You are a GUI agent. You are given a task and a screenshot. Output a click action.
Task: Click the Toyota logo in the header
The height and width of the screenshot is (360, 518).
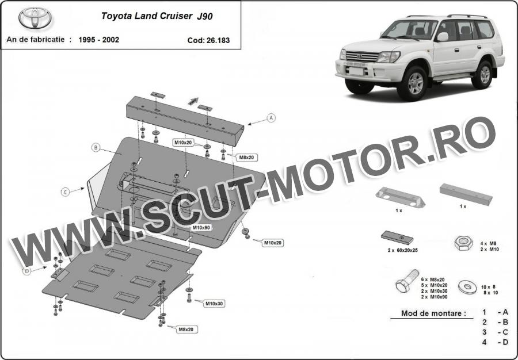(35, 18)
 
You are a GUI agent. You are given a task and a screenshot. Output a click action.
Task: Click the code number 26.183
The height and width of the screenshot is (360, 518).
(218, 41)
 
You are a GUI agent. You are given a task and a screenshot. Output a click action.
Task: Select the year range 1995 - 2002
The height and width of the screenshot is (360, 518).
(99, 40)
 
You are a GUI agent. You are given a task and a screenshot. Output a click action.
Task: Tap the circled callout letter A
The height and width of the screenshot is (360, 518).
(271, 118)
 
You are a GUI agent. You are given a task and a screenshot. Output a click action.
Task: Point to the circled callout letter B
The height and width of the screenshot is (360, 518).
(96, 148)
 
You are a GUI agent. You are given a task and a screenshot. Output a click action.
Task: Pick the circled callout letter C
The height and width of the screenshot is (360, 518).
(66, 192)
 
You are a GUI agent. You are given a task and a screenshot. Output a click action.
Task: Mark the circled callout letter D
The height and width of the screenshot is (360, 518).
(26, 271)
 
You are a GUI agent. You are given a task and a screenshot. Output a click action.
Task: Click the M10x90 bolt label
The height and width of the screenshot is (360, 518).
(201, 228)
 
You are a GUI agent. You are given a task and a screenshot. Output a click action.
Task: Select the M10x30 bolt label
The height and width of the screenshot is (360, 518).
(215, 304)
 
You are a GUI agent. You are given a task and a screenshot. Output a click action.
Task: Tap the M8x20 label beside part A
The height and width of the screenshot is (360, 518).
(246, 158)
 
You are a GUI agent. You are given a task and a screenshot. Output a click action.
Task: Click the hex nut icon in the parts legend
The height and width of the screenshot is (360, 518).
(463, 243)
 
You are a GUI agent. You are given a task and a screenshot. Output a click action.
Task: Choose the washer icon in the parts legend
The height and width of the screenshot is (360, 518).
(467, 287)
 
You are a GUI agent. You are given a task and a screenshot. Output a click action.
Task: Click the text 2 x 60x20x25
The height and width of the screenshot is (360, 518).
(403, 251)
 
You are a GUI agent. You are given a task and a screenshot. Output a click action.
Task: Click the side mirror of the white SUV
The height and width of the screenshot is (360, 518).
(443, 37)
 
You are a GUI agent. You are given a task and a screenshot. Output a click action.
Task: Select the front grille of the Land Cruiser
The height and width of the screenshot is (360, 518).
(362, 57)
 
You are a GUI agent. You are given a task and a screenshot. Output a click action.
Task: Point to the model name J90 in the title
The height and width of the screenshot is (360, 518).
(205, 17)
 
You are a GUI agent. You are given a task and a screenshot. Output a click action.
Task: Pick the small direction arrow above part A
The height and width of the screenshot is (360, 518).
(193, 101)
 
